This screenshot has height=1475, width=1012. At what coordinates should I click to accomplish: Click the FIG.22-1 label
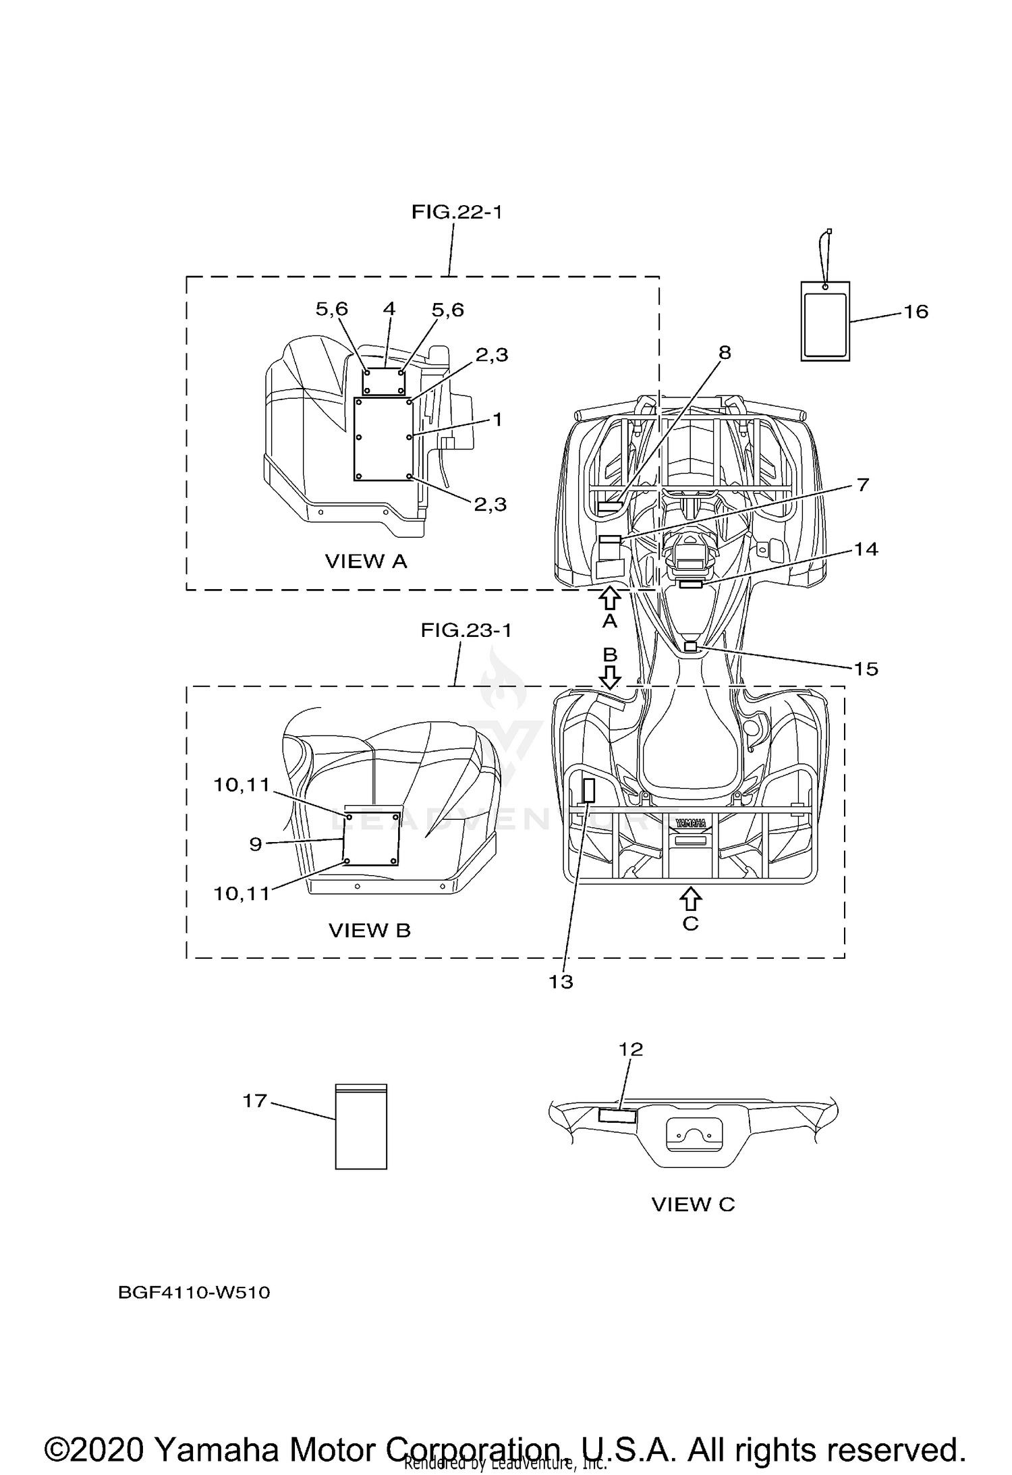[x=457, y=213]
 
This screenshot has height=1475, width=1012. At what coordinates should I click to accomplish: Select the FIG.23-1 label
[x=466, y=630]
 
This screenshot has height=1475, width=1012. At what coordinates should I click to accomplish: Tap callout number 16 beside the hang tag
[x=916, y=312]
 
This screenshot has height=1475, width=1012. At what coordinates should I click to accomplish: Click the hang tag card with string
[x=825, y=321]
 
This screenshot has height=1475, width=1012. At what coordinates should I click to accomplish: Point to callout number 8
[x=725, y=352]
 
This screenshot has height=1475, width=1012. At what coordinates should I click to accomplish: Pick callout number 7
[x=863, y=484]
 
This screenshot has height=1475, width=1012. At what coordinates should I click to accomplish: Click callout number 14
[x=866, y=549]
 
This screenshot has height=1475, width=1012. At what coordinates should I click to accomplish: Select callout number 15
[x=866, y=669]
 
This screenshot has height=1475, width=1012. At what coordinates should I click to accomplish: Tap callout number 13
[x=561, y=982]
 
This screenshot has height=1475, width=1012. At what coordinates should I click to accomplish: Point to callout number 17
[x=255, y=1101]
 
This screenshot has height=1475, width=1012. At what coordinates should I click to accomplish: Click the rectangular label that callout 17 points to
[x=361, y=1126]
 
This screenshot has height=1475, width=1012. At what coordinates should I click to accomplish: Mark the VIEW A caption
[x=366, y=561]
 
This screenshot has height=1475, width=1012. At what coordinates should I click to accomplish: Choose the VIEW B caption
[x=369, y=930]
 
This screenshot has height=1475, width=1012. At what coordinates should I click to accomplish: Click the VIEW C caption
[x=693, y=1204]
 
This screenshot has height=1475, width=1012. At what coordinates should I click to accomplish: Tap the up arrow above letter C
[x=690, y=898]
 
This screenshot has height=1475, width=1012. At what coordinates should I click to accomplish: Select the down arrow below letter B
[x=610, y=677]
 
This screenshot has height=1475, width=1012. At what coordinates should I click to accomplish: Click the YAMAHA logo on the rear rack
[x=691, y=823]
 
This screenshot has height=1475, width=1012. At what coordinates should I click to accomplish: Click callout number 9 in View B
[x=255, y=843]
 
